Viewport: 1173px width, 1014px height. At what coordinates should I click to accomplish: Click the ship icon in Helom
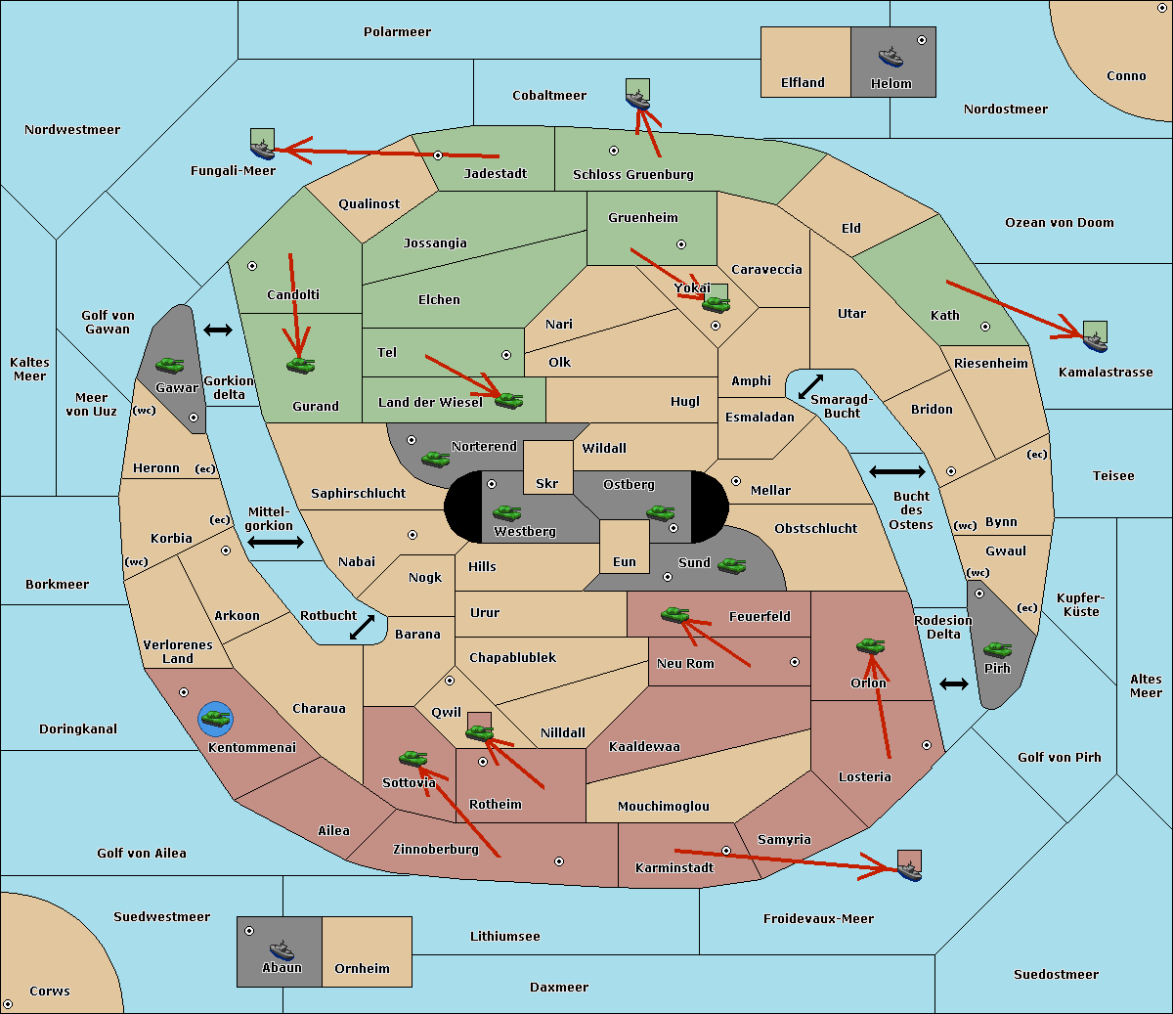(x=891, y=57)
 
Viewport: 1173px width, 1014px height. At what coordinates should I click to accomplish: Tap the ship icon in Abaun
(x=282, y=949)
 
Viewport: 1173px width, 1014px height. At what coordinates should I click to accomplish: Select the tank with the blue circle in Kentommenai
(x=216, y=719)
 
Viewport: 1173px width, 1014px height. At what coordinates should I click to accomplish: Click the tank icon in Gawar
(x=170, y=365)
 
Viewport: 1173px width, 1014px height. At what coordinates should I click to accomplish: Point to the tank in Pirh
(x=997, y=649)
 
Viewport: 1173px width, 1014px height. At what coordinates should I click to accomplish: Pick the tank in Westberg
(x=506, y=512)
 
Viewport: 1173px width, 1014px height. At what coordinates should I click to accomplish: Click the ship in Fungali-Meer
(x=262, y=150)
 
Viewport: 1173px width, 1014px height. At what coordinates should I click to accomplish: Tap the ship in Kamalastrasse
(x=1095, y=342)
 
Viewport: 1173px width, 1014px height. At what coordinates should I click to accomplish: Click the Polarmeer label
(x=397, y=32)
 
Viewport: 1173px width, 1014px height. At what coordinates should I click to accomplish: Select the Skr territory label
(x=547, y=483)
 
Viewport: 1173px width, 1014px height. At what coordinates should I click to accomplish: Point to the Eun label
(x=625, y=561)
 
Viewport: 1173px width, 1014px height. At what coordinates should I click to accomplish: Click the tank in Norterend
(x=435, y=459)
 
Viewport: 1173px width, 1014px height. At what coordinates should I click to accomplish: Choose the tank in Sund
(x=731, y=565)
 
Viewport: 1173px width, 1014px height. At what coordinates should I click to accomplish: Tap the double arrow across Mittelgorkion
(x=276, y=542)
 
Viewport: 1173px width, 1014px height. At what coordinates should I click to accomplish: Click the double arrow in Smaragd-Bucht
(x=810, y=386)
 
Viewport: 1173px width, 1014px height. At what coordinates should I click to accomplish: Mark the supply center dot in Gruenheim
(x=681, y=244)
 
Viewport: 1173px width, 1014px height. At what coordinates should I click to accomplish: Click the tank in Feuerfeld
(x=674, y=614)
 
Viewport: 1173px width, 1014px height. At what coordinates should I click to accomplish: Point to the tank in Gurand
(x=300, y=365)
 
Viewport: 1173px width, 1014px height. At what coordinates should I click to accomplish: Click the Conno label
(x=1126, y=75)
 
